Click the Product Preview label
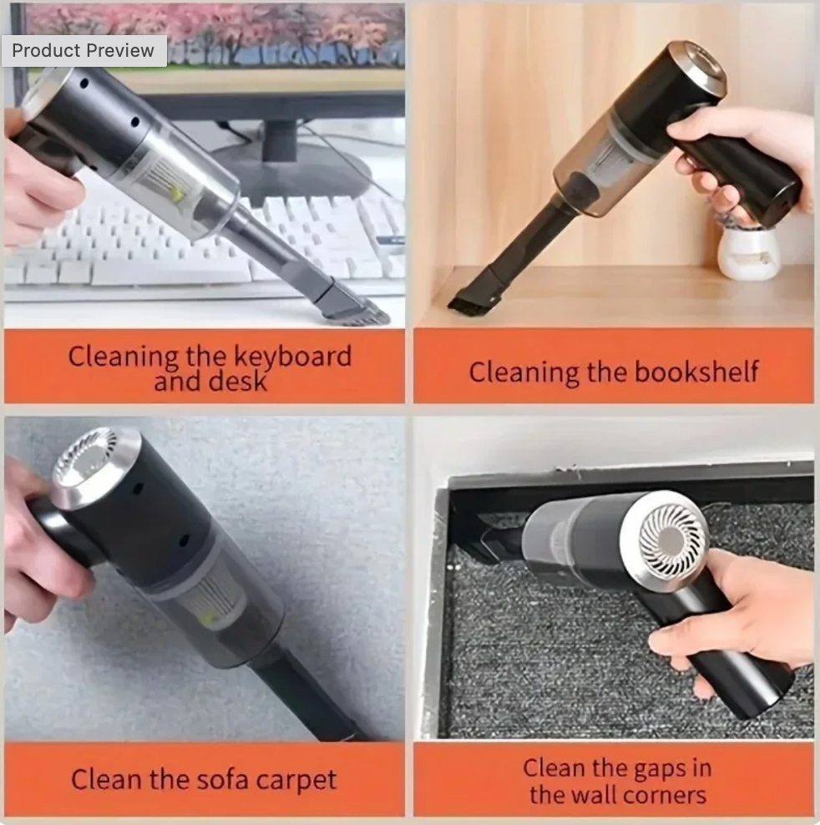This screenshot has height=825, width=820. tap(84, 50)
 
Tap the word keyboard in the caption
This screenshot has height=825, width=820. tap(292, 357)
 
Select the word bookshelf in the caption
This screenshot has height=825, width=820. tap(696, 372)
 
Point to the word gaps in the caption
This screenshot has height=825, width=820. tap(657, 769)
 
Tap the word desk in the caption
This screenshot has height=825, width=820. tap(237, 381)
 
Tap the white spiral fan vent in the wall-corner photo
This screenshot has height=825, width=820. tap(672, 539)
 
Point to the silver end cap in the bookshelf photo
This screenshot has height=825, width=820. tap(697, 66)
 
